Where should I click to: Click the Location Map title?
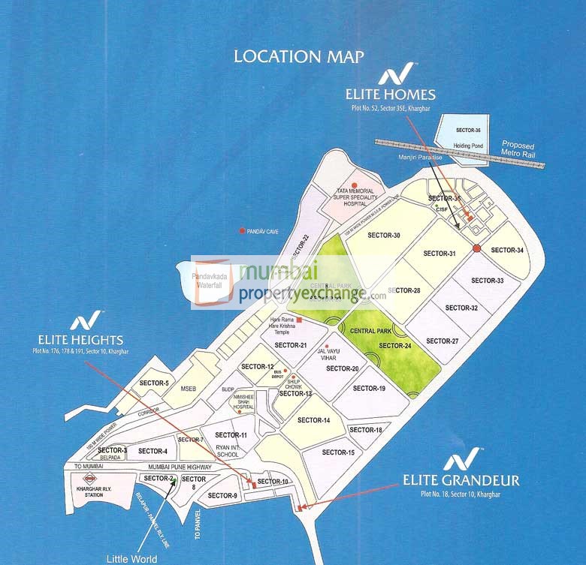299,56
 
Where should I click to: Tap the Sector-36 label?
467,130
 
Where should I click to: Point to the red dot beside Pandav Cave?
241,231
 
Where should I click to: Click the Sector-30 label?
384,236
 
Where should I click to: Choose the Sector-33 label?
488,281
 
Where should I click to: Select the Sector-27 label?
443,341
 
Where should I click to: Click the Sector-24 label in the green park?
395,346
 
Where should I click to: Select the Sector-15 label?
338,452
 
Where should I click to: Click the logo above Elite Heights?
80,323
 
